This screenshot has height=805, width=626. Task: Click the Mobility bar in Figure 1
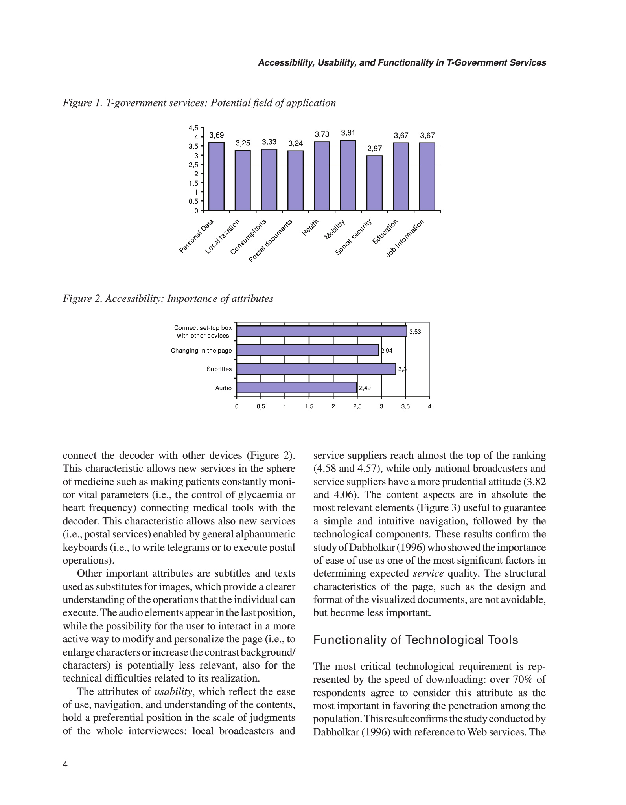click(x=348, y=175)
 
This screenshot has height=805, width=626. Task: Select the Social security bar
click(x=374, y=183)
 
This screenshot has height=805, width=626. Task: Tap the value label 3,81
click(x=348, y=133)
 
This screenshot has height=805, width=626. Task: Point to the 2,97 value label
click(x=374, y=149)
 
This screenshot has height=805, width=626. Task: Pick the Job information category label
click(x=405, y=239)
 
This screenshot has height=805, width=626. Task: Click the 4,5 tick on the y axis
click(x=193, y=128)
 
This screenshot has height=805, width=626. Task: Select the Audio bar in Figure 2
click(x=297, y=388)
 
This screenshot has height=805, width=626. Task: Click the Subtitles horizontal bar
click(x=316, y=369)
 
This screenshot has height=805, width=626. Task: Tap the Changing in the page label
click(x=201, y=351)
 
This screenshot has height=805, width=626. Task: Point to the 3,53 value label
click(x=415, y=332)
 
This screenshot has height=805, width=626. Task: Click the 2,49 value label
click(x=365, y=388)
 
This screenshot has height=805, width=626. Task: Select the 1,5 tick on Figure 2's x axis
click(x=309, y=406)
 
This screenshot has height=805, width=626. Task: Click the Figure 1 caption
click(x=199, y=103)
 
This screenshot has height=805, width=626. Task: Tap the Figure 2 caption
click(x=168, y=299)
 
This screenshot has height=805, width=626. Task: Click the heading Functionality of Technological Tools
click(x=416, y=640)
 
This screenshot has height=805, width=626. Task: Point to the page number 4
click(x=65, y=764)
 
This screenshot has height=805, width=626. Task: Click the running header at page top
click(x=402, y=63)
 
